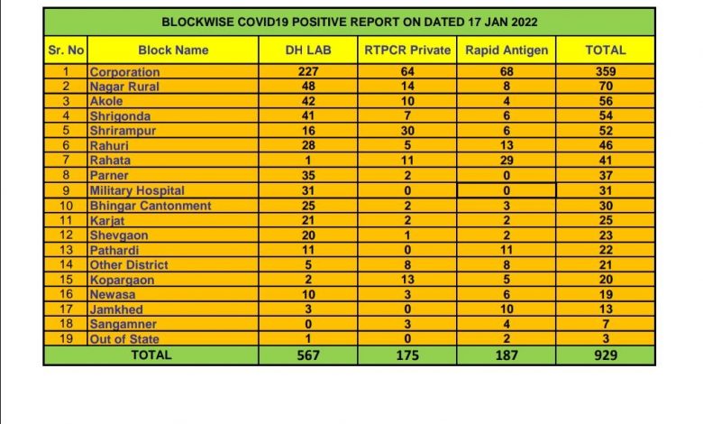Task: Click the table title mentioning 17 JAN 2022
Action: coord(349,21)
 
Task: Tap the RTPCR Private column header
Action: coord(406,51)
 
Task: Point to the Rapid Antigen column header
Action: coord(506,51)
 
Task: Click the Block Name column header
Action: coord(173,51)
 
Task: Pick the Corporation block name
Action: coord(124,72)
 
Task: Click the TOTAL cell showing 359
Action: coord(605,72)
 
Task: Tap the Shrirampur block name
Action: coord(123,132)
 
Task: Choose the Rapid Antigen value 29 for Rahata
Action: coord(506,161)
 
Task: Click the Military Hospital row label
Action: coord(137,191)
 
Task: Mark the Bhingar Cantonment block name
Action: coord(150,206)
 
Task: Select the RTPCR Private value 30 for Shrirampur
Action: coord(406,132)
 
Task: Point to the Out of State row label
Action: coord(124,340)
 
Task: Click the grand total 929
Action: coord(605,355)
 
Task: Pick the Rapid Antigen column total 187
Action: coord(506,355)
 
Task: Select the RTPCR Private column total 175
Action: coord(406,355)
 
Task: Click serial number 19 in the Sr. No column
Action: coord(65,340)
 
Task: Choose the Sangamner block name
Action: coord(123,325)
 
